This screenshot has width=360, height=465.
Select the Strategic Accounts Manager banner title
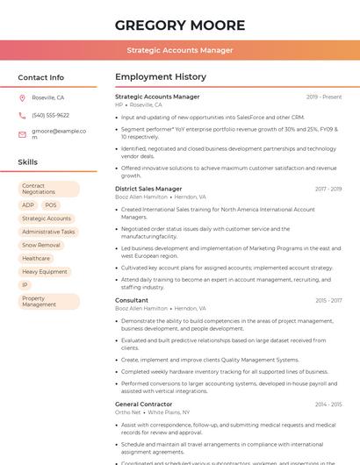click(x=179, y=51)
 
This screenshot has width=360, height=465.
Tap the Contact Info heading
click(x=41, y=77)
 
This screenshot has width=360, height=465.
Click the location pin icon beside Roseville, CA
click(x=22, y=97)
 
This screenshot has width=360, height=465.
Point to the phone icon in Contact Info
click(x=22, y=115)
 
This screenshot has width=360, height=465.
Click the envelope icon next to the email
click(x=22, y=134)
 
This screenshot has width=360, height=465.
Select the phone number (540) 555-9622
click(x=50, y=115)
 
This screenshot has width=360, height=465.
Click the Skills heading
click(x=28, y=162)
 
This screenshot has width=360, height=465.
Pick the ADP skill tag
click(x=28, y=205)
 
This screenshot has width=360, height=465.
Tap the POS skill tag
click(x=51, y=205)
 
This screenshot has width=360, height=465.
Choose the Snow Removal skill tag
click(x=41, y=245)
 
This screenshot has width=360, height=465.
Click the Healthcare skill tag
click(x=36, y=258)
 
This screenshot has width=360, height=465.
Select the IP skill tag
click(x=25, y=285)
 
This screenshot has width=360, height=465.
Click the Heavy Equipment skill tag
click(x=45, y=272)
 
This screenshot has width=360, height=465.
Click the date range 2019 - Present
click(x=324, y=97)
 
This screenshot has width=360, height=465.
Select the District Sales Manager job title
click(x=148, y=189)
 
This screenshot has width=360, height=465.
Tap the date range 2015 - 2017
click(x=328, y=300)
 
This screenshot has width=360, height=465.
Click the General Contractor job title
click(x=143, y=404)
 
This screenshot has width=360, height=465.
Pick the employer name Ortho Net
click(x=128, y=411)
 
